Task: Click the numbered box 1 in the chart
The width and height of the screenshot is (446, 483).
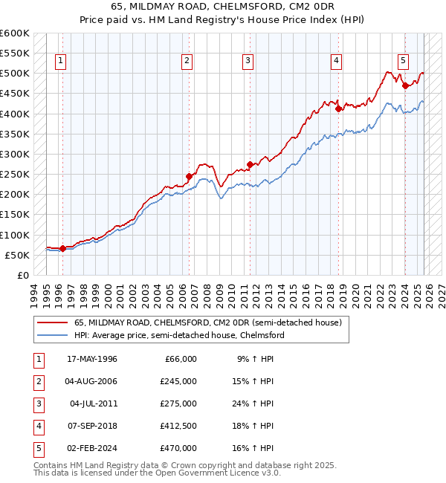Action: (x=60, y=61)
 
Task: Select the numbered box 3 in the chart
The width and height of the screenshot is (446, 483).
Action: (x=248, y=61)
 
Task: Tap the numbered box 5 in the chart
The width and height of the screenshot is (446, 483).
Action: (x=402, y=61)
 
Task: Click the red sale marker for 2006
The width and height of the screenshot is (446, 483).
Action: (x=189, y=177)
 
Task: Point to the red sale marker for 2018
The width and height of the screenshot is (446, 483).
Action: (x=338, y=108)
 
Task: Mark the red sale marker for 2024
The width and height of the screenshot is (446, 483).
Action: (x=405, y=85)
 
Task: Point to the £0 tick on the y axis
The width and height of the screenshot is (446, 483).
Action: (x=22, y=275)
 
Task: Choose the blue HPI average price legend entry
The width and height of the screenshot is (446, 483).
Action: (x=178, y=335)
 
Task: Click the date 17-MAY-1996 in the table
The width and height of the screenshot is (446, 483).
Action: (x=92, y=359)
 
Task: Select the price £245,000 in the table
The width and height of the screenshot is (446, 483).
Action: (x=178, y=381)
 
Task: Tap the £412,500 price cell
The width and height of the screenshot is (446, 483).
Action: (x=178, y=426)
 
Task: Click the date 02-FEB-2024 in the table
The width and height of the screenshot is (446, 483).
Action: (x=92, y=448)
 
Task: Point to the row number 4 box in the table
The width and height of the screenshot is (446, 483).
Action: (x=38, y=426)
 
